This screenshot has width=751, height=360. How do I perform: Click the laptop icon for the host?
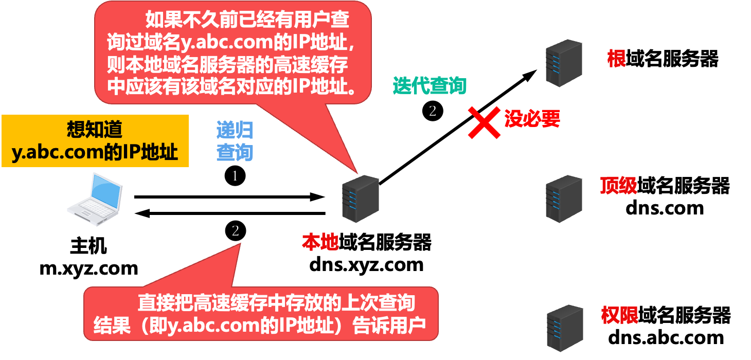[x=97, y=200]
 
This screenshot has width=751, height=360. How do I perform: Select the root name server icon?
[x=564, y=61]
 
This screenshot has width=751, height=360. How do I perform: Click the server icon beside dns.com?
[x=564, y=199]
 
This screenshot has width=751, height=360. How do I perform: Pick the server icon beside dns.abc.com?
[x=564, y=328]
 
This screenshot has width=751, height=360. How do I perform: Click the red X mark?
[x=484, y=122]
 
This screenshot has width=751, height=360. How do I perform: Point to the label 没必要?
[x=531, y=119]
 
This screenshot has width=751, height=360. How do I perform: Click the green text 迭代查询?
[x=430, y=86]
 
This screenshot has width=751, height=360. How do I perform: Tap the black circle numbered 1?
[x=235, y=176]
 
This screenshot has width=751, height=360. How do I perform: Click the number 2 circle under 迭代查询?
[x=432, y=110]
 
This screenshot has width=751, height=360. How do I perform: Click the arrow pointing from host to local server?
[x=229, y=196]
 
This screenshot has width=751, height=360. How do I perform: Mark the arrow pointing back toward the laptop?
[x=229, y=213]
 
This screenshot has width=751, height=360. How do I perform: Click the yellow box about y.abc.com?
[x=95, y=141]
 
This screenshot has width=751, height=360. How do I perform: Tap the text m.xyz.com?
[x=89, y=268]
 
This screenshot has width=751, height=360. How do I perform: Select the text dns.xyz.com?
[x=366, y=264]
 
